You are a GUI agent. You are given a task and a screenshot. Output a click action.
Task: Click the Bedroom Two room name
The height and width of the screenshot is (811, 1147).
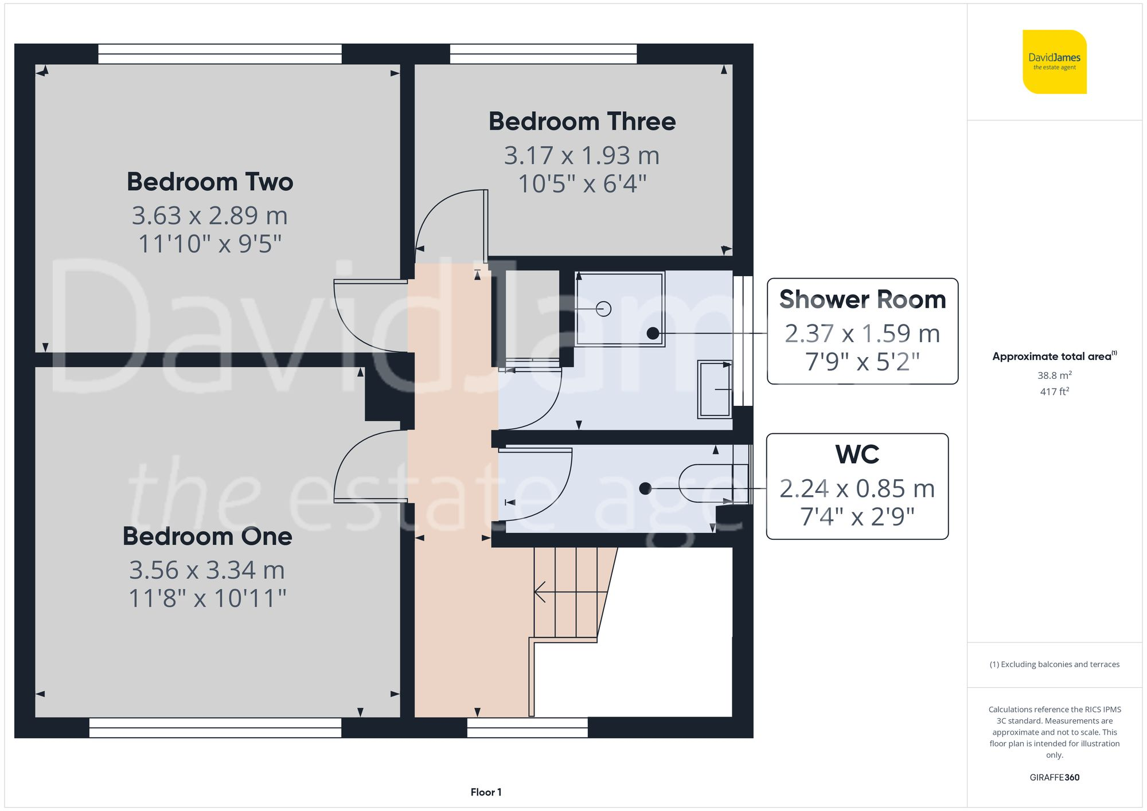(x=210, y=182)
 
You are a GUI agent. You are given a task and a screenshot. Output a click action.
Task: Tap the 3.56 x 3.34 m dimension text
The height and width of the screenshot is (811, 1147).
(x=207, y=570)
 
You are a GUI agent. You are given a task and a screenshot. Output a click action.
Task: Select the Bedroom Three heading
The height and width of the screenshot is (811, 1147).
(x=582, y=122)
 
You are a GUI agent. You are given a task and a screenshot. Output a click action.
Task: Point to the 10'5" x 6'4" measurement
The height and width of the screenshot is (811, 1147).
(x=582, y=184)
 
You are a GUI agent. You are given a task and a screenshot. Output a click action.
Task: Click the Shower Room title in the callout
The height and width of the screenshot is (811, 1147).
(x=862, y=300)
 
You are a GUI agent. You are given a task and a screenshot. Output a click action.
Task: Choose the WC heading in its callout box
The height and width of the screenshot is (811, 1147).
(x=857, y=455)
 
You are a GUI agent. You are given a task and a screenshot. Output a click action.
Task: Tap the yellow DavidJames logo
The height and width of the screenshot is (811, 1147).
(x=1054, y=62)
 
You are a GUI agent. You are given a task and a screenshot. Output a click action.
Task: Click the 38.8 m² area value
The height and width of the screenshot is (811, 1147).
(x=1054, y=375)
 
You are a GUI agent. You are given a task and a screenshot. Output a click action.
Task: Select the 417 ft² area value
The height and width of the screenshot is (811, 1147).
(x=1054, y=391)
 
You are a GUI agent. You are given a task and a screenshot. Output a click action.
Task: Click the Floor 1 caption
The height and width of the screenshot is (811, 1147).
(x=486, y=792)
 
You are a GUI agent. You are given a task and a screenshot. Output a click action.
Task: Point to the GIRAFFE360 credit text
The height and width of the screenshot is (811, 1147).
(x=1054, y=777)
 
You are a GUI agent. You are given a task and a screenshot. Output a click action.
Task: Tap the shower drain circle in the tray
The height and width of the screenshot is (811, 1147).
(x=603, y=309)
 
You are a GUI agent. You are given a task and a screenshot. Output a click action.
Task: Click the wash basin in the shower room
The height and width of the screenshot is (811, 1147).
(x=714, y=389)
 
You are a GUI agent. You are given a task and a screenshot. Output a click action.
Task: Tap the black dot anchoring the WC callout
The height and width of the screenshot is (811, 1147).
(x=645, y=488)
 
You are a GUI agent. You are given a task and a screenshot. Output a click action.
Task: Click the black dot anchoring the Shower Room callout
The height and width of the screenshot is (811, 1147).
(x=653, y=333)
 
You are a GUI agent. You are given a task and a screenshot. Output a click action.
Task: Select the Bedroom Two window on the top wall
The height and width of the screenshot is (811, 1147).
(x=220, y=54)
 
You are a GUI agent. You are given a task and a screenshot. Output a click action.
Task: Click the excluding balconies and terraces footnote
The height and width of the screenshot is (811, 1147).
(x=1054, y=664)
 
